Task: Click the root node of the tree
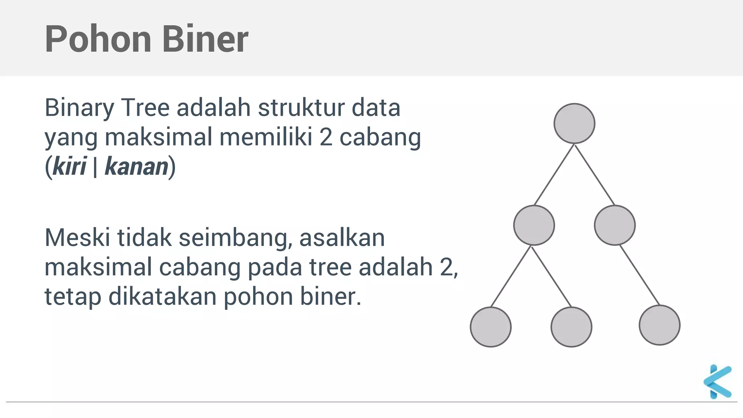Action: pos(574,123)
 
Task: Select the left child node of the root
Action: pos(534,225)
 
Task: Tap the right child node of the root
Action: pos(615,225)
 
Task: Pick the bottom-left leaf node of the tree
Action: pos(490,327)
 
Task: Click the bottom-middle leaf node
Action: pos(571,327)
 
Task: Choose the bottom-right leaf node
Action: pos(660,325)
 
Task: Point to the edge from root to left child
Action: pos(554,175)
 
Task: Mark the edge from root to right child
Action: pos(595,175)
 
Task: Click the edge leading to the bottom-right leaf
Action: pos(640,275)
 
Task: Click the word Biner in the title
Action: pos(205,39)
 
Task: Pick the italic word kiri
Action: pos(69,167)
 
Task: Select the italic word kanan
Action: pos(136,167)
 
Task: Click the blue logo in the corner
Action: pos(717,381)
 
